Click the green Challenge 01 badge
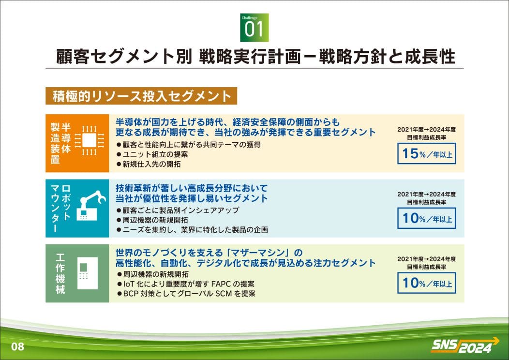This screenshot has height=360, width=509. (x=254, y=28)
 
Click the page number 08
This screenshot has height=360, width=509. (x=17, y=346)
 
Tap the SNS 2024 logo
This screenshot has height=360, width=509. (x=464, y=345)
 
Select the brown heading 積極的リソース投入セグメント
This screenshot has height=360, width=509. (x=141, y=96)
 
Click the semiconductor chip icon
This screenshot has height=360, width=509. (x=90, y=141)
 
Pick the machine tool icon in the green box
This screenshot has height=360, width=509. (x=88, y=273)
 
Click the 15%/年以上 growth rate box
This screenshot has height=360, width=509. (x=427, y=153)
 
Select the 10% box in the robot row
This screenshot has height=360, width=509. (x=427, y=218)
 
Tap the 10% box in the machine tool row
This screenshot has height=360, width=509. (x=427, y=283)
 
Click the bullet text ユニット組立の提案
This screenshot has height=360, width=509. (x=152, y=154)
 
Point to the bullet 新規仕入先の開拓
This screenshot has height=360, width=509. (x=149, y=164)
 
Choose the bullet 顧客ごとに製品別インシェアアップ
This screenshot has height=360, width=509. (x=178, y=210)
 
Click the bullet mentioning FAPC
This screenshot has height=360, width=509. (x=185, y=284)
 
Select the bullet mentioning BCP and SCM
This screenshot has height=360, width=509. (x=186, y=294)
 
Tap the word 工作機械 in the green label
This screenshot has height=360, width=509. (x=60, y=273)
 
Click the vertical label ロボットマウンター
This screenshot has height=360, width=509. (x=60, y=208)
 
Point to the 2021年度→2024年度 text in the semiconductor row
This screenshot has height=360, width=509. (x=427, y=130)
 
